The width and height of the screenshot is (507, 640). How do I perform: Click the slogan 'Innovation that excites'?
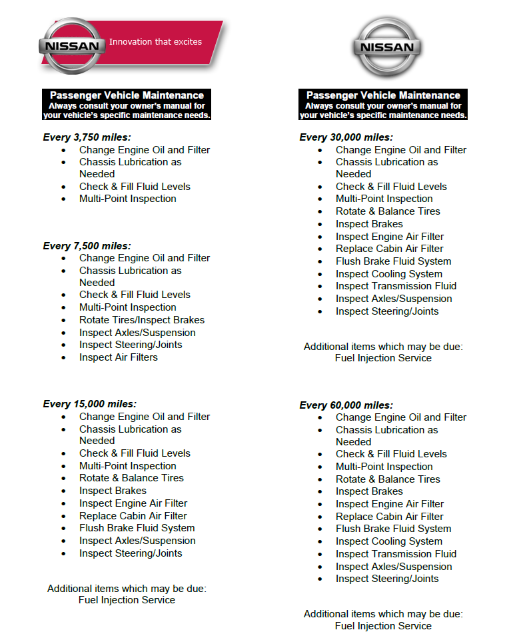pyautogui.click(x=155, y=41)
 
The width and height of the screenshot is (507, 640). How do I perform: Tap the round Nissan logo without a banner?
pyautogui.click(x=386, y=47)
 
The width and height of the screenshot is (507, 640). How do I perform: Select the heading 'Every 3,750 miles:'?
pyautogui.click(x=87, y=137)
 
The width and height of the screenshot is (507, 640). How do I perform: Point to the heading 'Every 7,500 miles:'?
pyautogui.click(x=87, y=245)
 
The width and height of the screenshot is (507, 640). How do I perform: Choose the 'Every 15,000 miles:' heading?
pyautogui.click(x=89, y=404)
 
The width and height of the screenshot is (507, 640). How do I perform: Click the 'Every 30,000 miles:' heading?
pyautogui.click(x=346, y=137)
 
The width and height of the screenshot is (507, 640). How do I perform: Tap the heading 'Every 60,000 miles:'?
pyautogui.click(x=346, y=405)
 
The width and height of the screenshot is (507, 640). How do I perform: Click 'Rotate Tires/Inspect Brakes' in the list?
pyautogui.click(x=142, y=320)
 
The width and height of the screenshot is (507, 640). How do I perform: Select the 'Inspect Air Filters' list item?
pyautogui.click(x=119, y=357)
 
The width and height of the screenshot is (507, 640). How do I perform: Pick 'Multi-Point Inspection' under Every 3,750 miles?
pyautogui.click(x=128, y=199)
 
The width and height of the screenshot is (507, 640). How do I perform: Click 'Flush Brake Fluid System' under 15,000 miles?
pyautogui.click(x=137, y=528)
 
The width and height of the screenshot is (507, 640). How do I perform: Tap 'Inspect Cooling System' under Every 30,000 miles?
pyautogui.click(x=389, y=274)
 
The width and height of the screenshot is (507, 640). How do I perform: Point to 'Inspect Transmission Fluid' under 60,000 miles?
pyautogui.click(x=396, y=554)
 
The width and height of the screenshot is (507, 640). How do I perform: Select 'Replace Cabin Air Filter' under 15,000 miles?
pyautogui.click(x=133, y=516)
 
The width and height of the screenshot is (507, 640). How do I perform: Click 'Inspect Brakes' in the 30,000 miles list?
pyautogui.click(x=369, y=224)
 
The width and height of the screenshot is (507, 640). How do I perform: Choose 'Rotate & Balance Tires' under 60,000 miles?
pyautogui.click(x=388, y=479)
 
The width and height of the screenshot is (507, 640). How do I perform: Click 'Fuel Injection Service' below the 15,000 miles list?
pyautogui.click(x=127, y=600)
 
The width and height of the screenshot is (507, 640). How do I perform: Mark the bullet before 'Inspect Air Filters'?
pyautogui.click(x=64, y=358)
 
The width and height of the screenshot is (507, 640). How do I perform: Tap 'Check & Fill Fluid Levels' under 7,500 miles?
pyautogui.click(x=135, y=295)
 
